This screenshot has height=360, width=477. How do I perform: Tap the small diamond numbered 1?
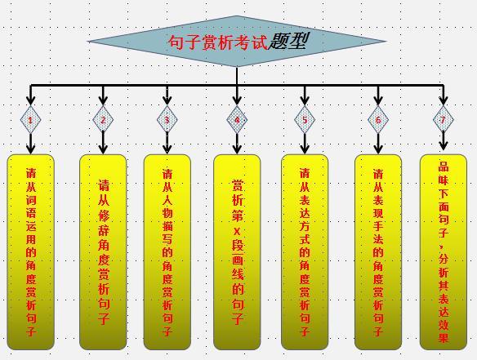[30, 119]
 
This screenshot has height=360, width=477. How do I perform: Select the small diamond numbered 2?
[103, 119]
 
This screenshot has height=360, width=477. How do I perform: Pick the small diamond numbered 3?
[167, 119]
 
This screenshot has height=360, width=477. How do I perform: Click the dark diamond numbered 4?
[237, 119]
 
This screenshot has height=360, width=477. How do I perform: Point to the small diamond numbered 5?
[305, 119]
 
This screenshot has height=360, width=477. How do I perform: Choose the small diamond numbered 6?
[378, 119]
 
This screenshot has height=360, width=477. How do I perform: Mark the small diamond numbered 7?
[444, 119]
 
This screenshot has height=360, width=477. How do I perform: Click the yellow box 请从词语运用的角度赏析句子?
[31, 252]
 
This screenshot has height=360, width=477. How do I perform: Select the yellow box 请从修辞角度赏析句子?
[103, 252]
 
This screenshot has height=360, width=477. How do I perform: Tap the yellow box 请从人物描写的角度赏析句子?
[167, 252]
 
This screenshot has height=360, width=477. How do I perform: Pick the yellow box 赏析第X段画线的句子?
[238, 252]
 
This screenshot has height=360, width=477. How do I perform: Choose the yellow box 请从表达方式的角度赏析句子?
[305, 252]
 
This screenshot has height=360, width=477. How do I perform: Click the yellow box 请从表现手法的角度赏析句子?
[378, 252]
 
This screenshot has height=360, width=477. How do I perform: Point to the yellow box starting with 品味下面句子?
[444, 252]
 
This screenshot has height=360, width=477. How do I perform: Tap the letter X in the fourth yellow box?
[237, 232]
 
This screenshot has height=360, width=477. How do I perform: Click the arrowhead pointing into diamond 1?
[30, 100]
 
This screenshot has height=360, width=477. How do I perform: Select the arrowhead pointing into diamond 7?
[444, 100]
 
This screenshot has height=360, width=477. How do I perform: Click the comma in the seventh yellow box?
[441, 248]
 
